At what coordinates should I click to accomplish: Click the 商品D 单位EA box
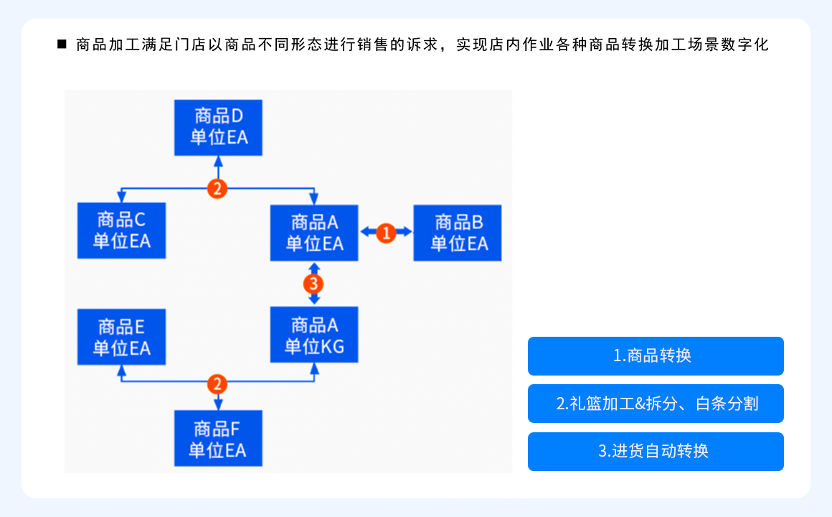(x=219, y=127)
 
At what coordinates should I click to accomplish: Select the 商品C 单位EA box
(x=121, y=230)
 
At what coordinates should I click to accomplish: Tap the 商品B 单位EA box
(x=458, y=233)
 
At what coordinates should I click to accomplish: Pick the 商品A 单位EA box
(x=314, y=233)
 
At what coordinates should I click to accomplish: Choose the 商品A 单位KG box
(x=314, y=335)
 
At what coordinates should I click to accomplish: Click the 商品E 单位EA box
(x=121, y=337)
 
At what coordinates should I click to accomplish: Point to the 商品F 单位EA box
(x=218, y=439)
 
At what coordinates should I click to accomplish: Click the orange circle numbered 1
(x=386, y=232)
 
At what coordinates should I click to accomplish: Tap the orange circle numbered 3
(x=313, y=283)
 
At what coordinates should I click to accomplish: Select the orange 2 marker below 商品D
(x=217, y=189)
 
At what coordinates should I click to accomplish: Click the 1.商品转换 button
(x=656, y=356)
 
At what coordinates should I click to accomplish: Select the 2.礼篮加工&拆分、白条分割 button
(x=656, y=404)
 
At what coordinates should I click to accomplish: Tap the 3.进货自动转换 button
(x=656, y=452)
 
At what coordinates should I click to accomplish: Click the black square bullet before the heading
(x=62, y=45)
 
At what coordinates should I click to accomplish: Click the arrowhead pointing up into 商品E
(x=121, y=371)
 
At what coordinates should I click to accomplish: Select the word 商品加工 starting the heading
(x=101, y=45)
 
